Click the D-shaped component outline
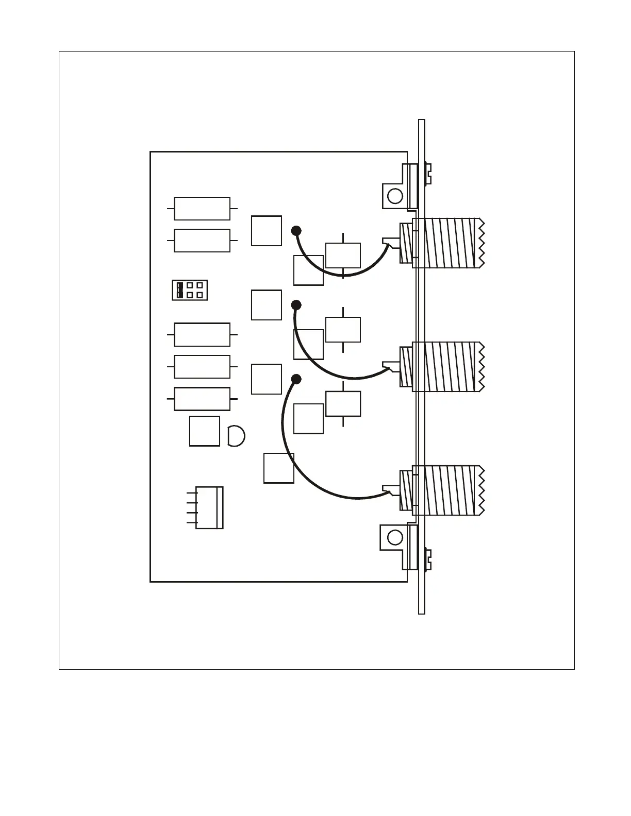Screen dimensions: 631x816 [236, 436]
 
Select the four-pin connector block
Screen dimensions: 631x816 [210, 507]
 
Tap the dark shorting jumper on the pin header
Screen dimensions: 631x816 [179, 290]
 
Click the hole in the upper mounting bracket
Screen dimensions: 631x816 [395, 196]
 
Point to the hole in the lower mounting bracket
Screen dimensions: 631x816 [395, 537]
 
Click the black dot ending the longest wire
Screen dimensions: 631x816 [296, 380]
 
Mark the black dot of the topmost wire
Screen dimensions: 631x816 [296, 230]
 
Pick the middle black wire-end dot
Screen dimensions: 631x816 [296, 304]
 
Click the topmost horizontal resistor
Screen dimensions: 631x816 [202, 209]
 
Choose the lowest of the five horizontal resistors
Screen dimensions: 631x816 [202, 399]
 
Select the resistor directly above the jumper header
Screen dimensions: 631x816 [202, 241]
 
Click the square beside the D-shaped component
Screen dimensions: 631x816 [205, 431]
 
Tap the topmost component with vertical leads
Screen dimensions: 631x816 [343, 256]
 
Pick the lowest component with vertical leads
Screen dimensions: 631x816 [343, 403]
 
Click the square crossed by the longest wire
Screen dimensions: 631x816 [279, 468]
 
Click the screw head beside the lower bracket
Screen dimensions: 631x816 [428, 560]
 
